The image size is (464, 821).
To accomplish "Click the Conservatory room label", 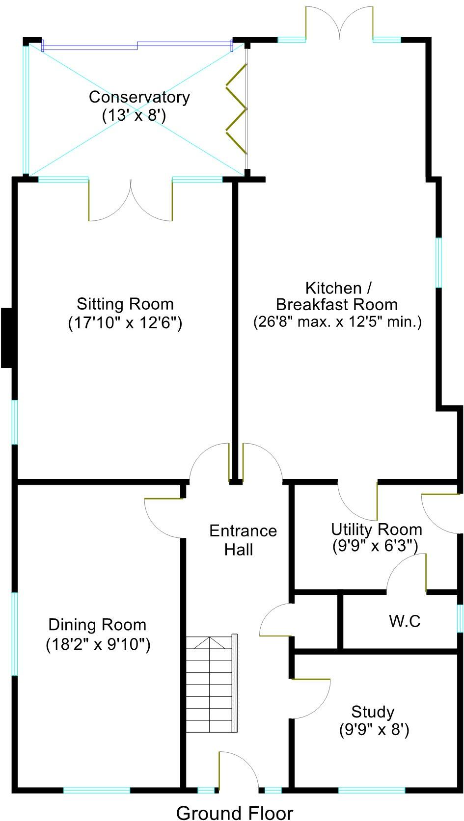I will point(139,97).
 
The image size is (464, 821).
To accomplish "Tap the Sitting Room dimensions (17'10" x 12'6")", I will point(125,323).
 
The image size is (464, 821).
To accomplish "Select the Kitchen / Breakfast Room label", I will point(337,296).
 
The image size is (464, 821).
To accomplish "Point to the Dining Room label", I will point(97,625).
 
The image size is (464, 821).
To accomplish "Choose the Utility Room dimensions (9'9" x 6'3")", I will point(376,546).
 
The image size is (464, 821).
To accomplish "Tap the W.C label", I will point(405,621).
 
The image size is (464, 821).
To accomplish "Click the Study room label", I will point(373,712).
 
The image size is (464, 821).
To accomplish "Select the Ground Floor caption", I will point(234,812).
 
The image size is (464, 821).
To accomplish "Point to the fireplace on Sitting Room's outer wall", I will point(7,338).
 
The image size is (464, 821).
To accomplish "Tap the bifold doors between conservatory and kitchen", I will point(237,109).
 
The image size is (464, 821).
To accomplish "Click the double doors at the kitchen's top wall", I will point(339,22).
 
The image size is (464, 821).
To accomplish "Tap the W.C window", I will point(460,618).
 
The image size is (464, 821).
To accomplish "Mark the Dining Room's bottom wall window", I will point(97,790).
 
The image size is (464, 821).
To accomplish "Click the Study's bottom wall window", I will point(372,790).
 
